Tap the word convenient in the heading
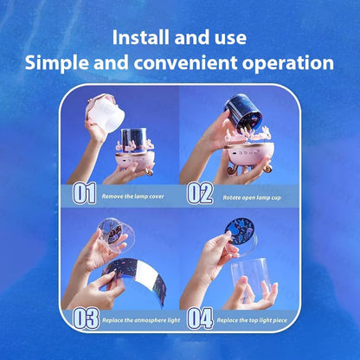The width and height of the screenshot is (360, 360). coord(185,63)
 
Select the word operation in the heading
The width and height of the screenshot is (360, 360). coord(288,63)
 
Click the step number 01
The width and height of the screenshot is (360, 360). coord(84,193)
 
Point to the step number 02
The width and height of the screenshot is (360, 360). coord(200,193)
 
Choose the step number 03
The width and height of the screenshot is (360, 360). coord(86,318)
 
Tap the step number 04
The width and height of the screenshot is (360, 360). coord(200,318)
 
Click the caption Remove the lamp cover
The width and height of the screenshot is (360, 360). coord(132,196)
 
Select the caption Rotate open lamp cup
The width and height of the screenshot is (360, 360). coord(252,197)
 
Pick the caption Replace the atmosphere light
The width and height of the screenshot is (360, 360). coord(141,320)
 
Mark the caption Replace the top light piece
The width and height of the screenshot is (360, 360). coord(252,320)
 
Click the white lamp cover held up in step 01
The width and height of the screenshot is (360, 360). coord(106,113)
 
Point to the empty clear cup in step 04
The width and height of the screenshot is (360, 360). coord(251,277)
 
